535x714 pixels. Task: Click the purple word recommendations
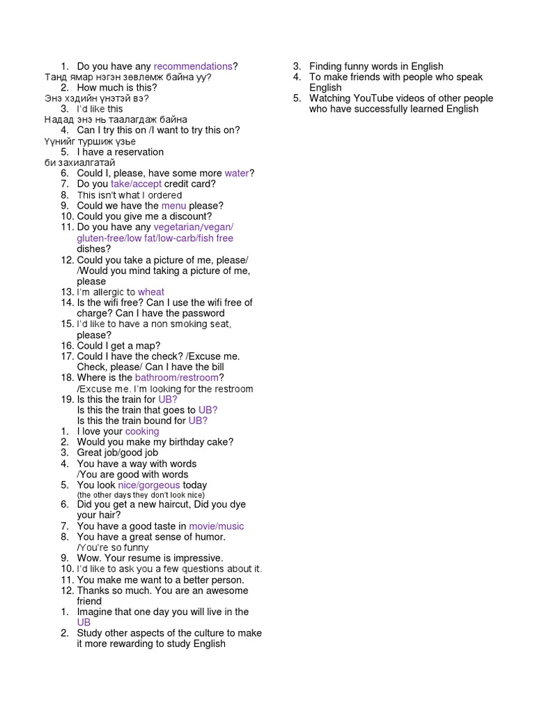pos(193,66)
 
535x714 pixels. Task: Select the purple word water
pos(237,173)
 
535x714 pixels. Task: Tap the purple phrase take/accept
pos(136,184)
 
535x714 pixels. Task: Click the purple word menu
pos(173,206)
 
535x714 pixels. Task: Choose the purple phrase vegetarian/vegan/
pos(194,227)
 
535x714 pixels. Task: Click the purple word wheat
pos(151,292)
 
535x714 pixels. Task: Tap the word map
pos(150,346)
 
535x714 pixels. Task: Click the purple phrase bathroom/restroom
pos(177,378)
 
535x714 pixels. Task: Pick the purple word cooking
pos(142,432)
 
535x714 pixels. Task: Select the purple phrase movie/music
pos(217,526)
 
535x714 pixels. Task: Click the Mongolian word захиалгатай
pos(80,162)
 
